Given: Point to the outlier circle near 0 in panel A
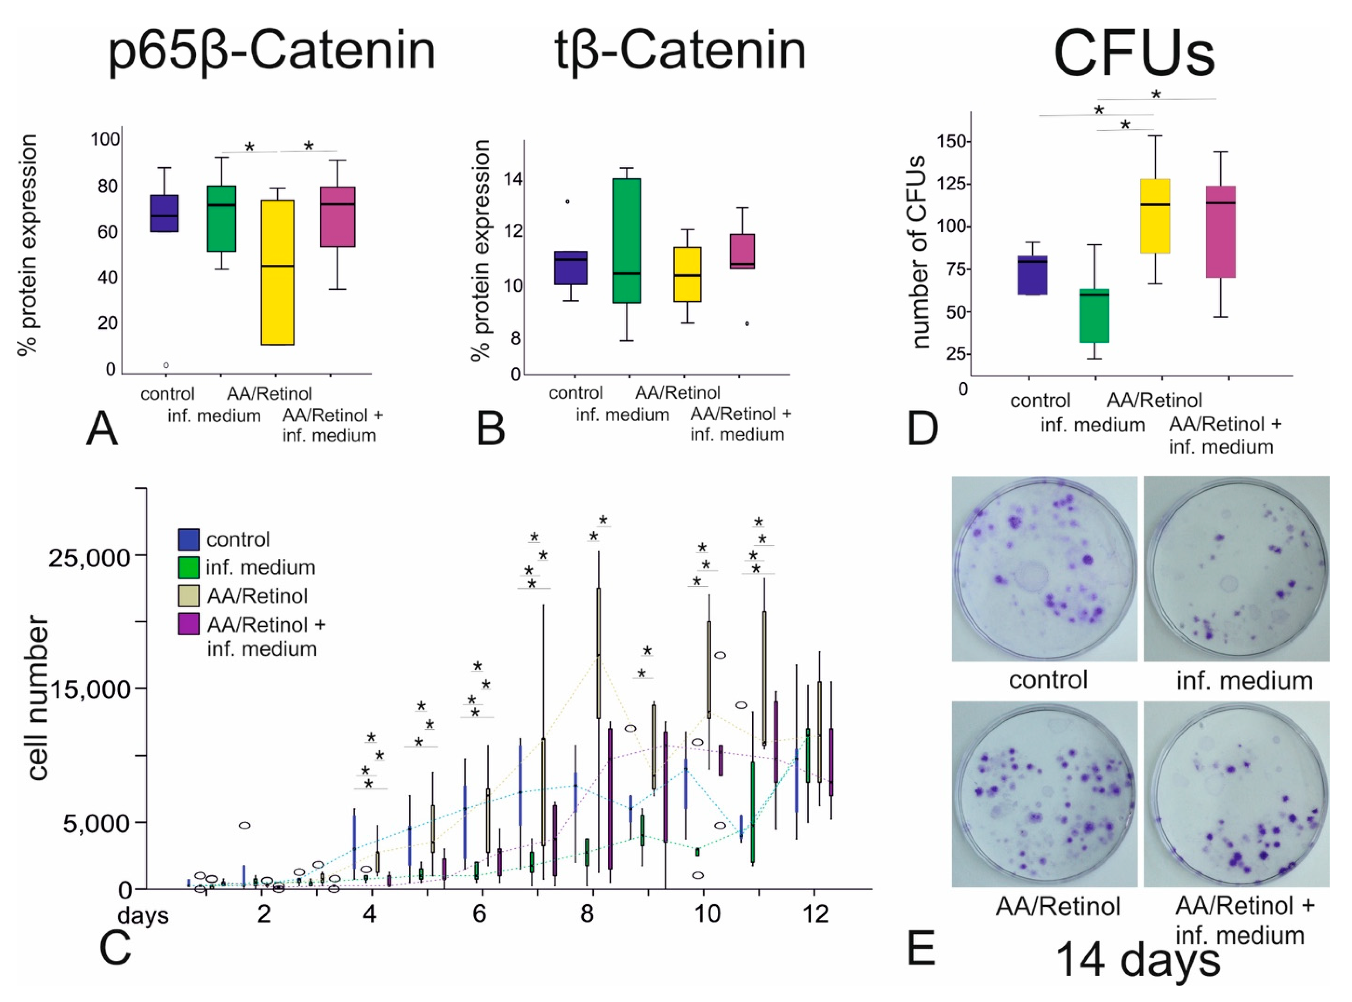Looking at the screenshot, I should [x=165, y=365].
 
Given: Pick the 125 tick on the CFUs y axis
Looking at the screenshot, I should [x=952, y=184].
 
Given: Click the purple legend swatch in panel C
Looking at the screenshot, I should [x=189, y=624].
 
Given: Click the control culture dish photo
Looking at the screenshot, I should [x=1044, y=568].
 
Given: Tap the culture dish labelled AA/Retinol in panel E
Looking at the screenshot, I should [x=1044, y=794].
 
